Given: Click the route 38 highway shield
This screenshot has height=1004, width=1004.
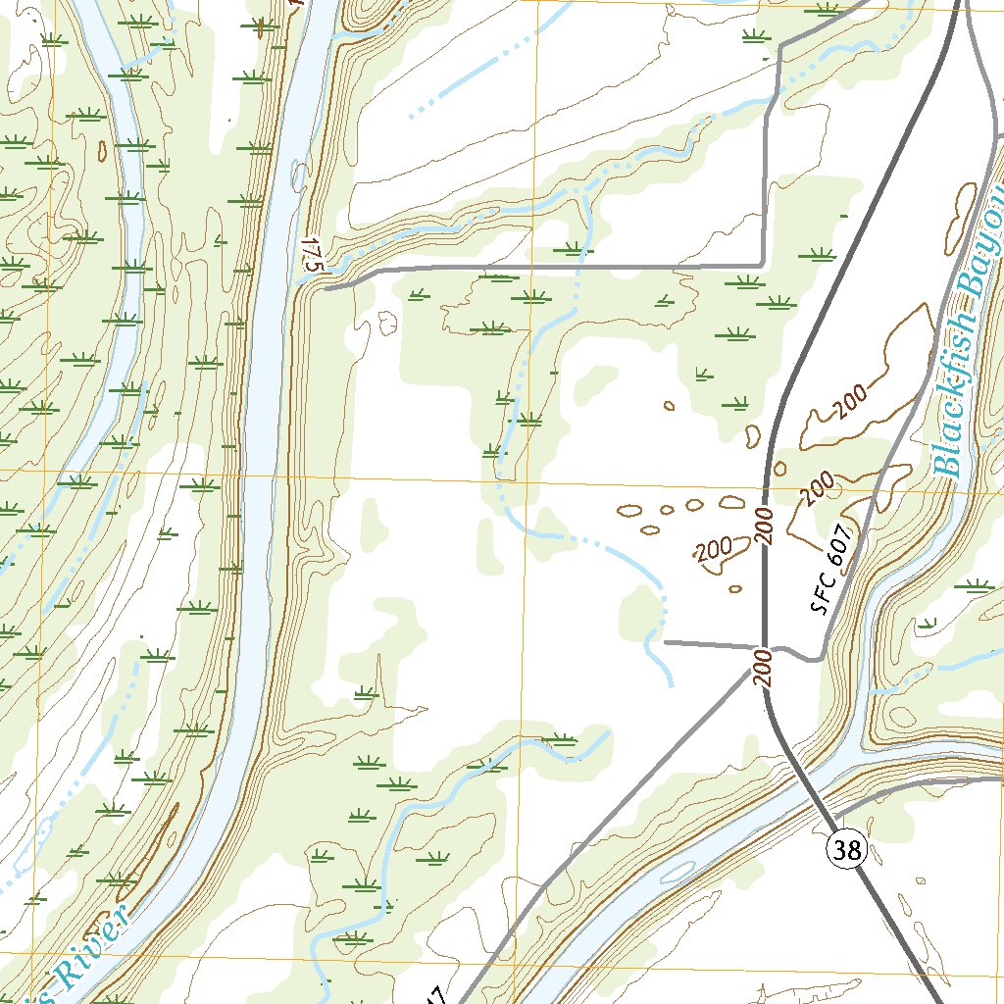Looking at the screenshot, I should coord(847,850).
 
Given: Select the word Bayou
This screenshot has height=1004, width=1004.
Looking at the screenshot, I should coord(977,261).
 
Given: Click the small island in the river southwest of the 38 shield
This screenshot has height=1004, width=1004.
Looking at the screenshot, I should coord(677,871).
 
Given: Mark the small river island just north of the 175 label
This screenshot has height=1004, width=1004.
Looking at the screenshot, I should coord(297,176).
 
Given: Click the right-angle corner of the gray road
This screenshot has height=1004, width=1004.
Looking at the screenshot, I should coord(763,265).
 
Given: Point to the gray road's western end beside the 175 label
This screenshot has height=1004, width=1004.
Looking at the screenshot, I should coord(326,288).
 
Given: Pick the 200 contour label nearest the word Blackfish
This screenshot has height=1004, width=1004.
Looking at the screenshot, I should coord(849,399).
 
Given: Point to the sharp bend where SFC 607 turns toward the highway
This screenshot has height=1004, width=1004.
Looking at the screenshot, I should coord(816,659).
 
